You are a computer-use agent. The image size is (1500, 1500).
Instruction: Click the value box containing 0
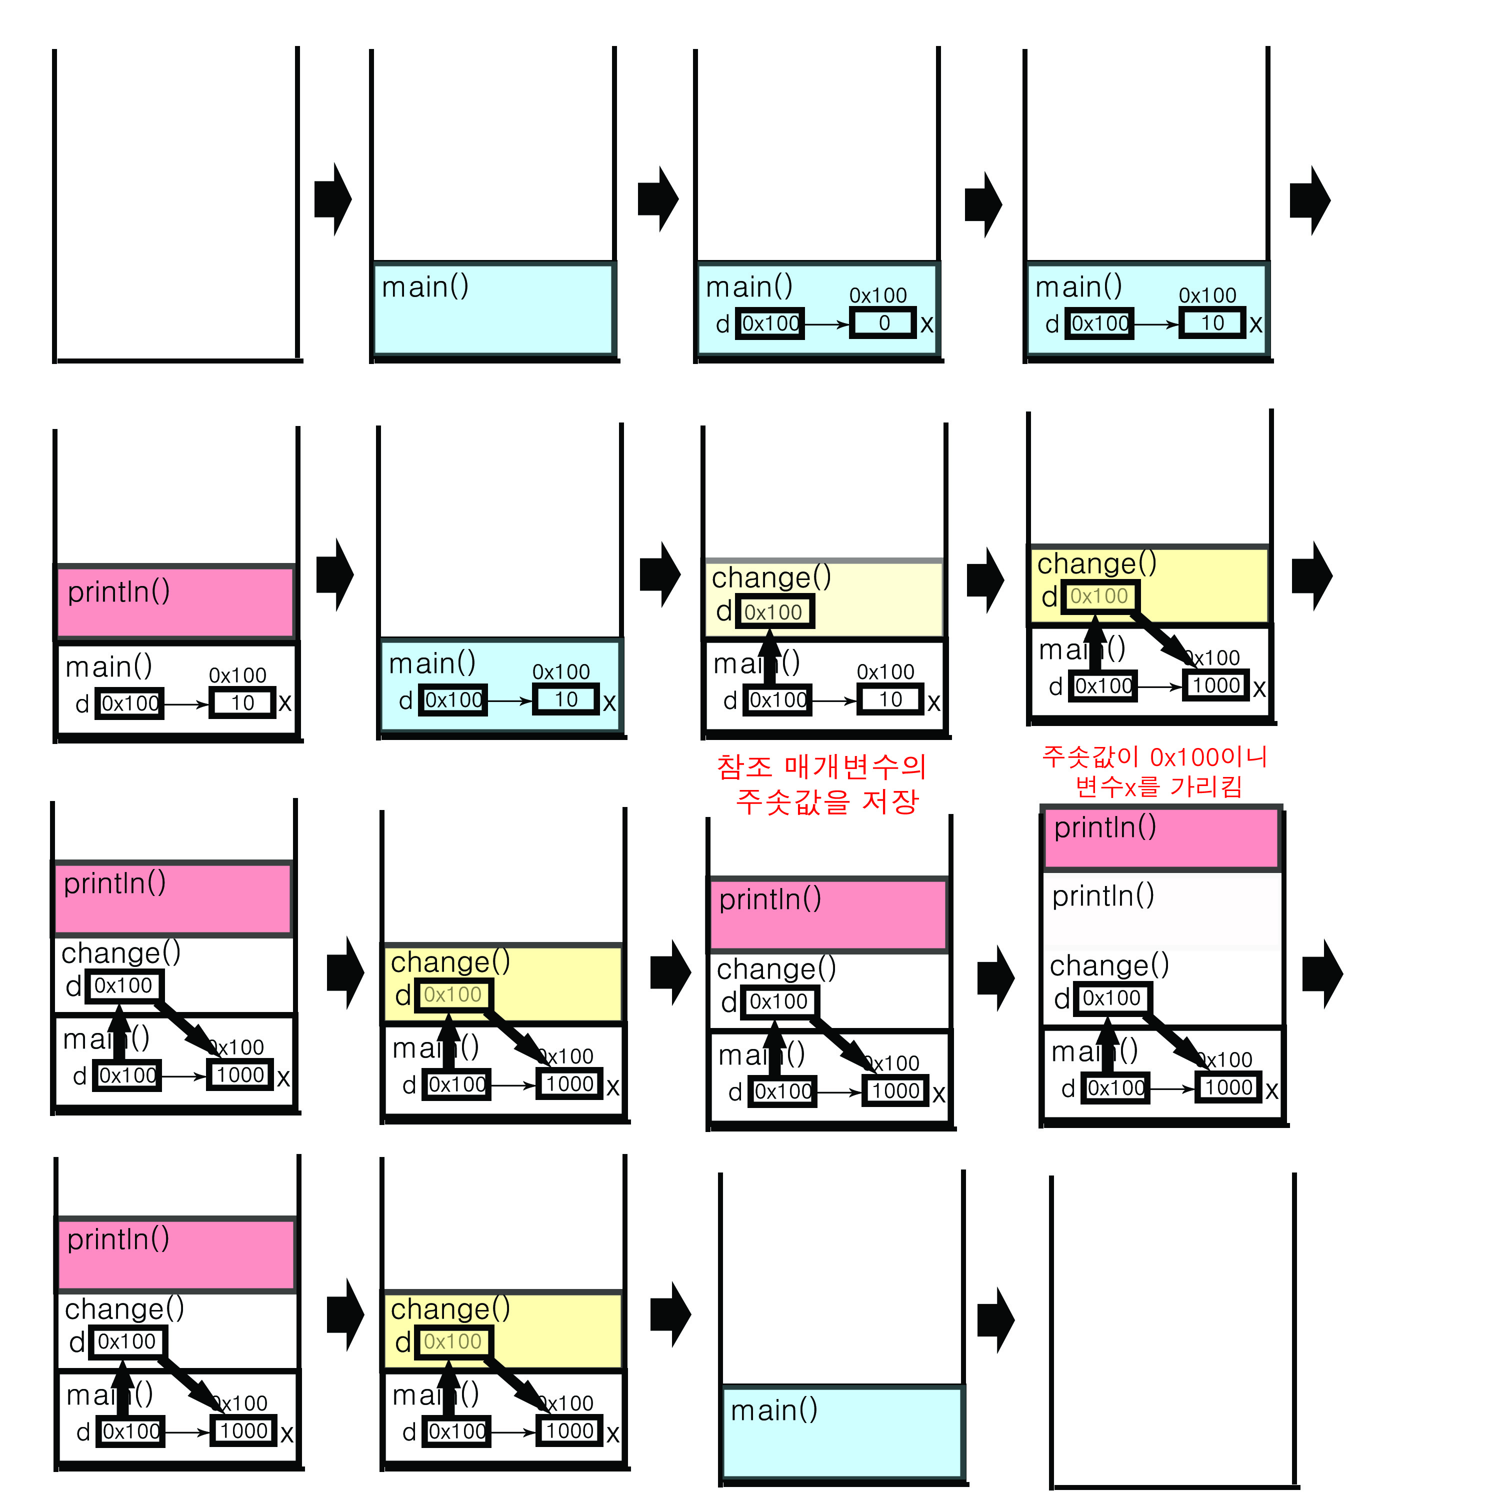tap(883, 323)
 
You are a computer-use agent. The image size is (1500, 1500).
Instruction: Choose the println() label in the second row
tap(119, 591)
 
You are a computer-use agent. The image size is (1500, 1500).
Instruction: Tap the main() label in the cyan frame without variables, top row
tap(424, 286)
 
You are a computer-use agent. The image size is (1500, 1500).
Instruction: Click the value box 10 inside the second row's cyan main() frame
tap(565, 699)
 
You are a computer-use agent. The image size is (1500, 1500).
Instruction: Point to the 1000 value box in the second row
tap(1216, 685)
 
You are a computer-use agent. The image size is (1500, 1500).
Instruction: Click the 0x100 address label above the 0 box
tap(877, 295)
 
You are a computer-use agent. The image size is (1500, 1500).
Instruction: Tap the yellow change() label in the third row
tap(450, 962)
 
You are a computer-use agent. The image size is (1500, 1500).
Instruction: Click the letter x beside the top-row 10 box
tap(1255, 324)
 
